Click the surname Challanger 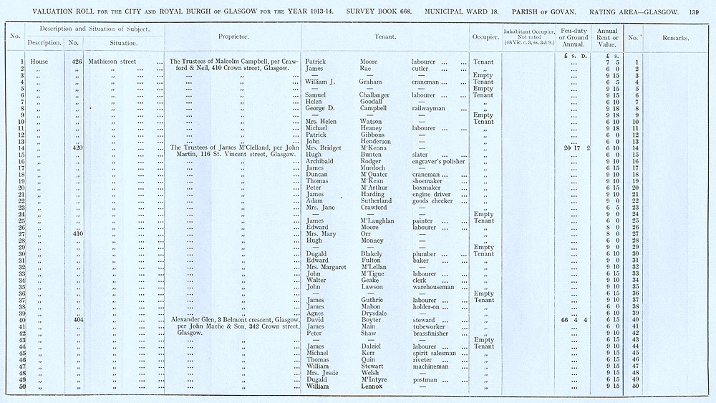378,95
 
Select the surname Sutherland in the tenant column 379,201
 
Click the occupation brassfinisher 429,333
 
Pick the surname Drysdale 376,313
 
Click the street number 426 77,62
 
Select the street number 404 78,319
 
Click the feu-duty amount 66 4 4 575,319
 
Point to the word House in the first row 39,62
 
